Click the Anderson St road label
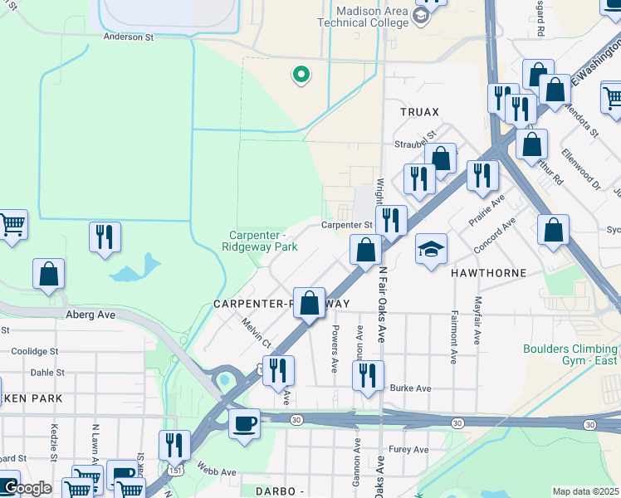coord(129,37)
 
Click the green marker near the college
coord(301,76)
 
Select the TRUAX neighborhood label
coord(419,111)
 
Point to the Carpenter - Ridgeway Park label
coord(260,241)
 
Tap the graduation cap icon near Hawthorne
coord(431,249)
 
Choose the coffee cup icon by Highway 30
coord(244,423)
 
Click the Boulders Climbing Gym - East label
coord(571,355)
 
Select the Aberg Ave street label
coord(90,315)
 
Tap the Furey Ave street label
coord(408,450)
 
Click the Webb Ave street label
coord(217,471)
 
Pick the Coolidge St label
coord(28,351)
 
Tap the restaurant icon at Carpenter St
coord(391,221)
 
